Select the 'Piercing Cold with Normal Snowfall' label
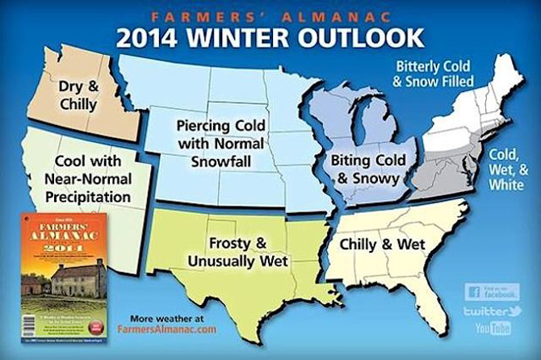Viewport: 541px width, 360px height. [212, 144]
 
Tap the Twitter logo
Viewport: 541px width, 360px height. [493, 310]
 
